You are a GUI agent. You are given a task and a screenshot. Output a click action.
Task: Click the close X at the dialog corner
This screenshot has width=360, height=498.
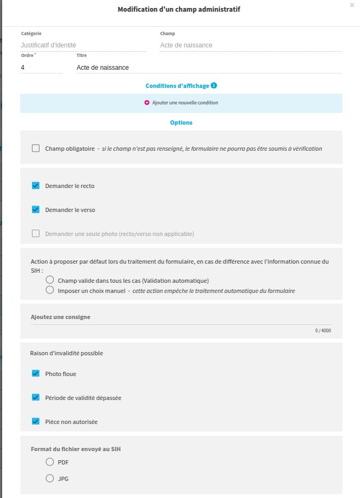[351, 5]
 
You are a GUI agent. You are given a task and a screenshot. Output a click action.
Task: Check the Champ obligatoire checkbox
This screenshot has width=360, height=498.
[36, 149]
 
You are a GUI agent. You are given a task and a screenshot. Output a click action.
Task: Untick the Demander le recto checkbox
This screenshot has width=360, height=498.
[36, 186]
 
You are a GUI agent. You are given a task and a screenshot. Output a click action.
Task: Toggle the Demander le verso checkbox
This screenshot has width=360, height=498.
[36, 210]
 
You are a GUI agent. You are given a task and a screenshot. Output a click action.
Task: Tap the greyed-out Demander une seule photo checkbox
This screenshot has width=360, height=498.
[36, 234]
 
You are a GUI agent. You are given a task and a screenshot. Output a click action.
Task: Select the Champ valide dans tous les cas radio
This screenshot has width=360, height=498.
[50, 280]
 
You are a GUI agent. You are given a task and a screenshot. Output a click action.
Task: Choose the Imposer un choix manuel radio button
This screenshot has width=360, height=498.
[50, 291]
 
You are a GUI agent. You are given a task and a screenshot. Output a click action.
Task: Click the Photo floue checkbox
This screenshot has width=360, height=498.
[36, 374]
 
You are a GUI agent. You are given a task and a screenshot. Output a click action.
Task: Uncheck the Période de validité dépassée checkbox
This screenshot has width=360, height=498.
[36, 398]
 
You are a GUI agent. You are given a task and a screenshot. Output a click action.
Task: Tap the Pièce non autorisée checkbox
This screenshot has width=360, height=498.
[36, 422]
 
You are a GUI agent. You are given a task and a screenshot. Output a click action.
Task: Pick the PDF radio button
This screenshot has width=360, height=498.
[50, 462]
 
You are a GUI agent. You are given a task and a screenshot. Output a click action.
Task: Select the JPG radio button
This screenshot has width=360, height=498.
[50, 479]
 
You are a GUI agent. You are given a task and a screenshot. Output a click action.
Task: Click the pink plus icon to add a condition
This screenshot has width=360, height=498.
[147, 103]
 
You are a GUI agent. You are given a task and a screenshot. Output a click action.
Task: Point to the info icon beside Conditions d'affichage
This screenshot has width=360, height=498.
[214, 86]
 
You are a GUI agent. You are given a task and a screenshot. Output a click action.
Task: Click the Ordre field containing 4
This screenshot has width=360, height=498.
[41, 68]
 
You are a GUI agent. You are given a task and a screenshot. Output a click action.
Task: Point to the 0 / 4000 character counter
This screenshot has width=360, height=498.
[323, 331]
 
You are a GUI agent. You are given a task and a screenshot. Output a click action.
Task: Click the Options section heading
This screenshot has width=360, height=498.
[181, 123]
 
